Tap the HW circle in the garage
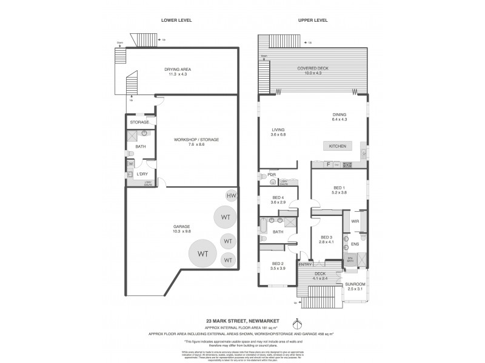231,195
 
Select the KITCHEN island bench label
337,146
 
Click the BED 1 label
338,190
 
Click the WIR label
355,221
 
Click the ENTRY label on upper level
305,264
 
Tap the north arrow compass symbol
296,321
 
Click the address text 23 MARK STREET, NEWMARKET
242,321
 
